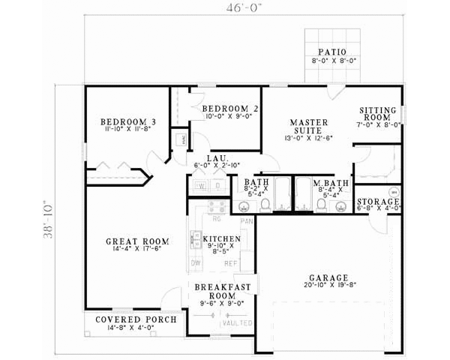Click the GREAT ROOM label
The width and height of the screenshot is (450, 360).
click(136, 241)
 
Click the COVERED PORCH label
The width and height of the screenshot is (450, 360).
click(136, 319)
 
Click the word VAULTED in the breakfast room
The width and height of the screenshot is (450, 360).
click(242, 323)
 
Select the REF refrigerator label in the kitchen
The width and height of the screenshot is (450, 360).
click(231, 263)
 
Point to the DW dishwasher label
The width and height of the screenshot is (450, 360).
click(195, 263)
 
